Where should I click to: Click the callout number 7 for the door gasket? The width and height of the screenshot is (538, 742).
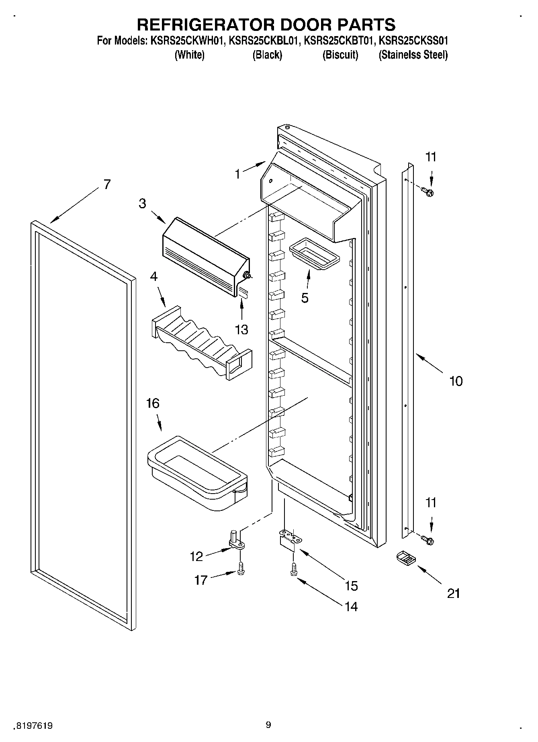tap(106, 184)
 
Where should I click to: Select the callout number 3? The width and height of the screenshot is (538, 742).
tap(143, 203)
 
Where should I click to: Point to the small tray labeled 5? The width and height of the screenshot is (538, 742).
tap(314, 254)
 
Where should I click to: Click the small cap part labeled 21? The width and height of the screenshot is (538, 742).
tap(405, 558)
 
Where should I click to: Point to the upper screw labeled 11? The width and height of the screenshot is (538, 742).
tap(429, 192)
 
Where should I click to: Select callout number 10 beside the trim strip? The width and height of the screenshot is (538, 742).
tap(456, 380)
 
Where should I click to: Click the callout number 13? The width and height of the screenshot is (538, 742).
tap(241, 329)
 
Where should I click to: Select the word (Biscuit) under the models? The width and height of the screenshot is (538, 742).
tap(340, 55)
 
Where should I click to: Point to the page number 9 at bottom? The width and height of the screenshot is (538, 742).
tap(268, 725)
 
